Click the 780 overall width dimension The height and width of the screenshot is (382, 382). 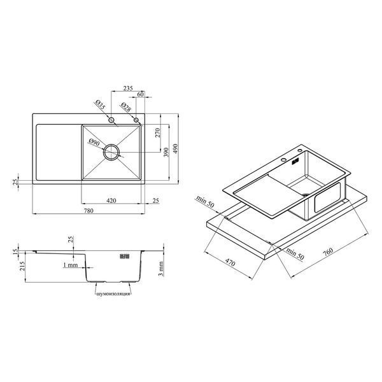(x=88, y=211)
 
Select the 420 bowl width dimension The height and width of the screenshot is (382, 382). (x=111, y=201)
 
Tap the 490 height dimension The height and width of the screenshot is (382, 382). (x=176, y=148)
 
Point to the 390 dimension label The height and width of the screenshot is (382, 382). (x=166, y=152)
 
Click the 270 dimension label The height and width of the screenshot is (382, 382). (x=158, y=133)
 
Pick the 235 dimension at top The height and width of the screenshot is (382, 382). (x=128, y=88)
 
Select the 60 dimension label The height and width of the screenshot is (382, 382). (x=141, y=94)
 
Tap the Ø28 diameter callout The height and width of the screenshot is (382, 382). (x=125, y=107)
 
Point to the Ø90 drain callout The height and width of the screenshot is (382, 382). (x=94, y=142)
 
